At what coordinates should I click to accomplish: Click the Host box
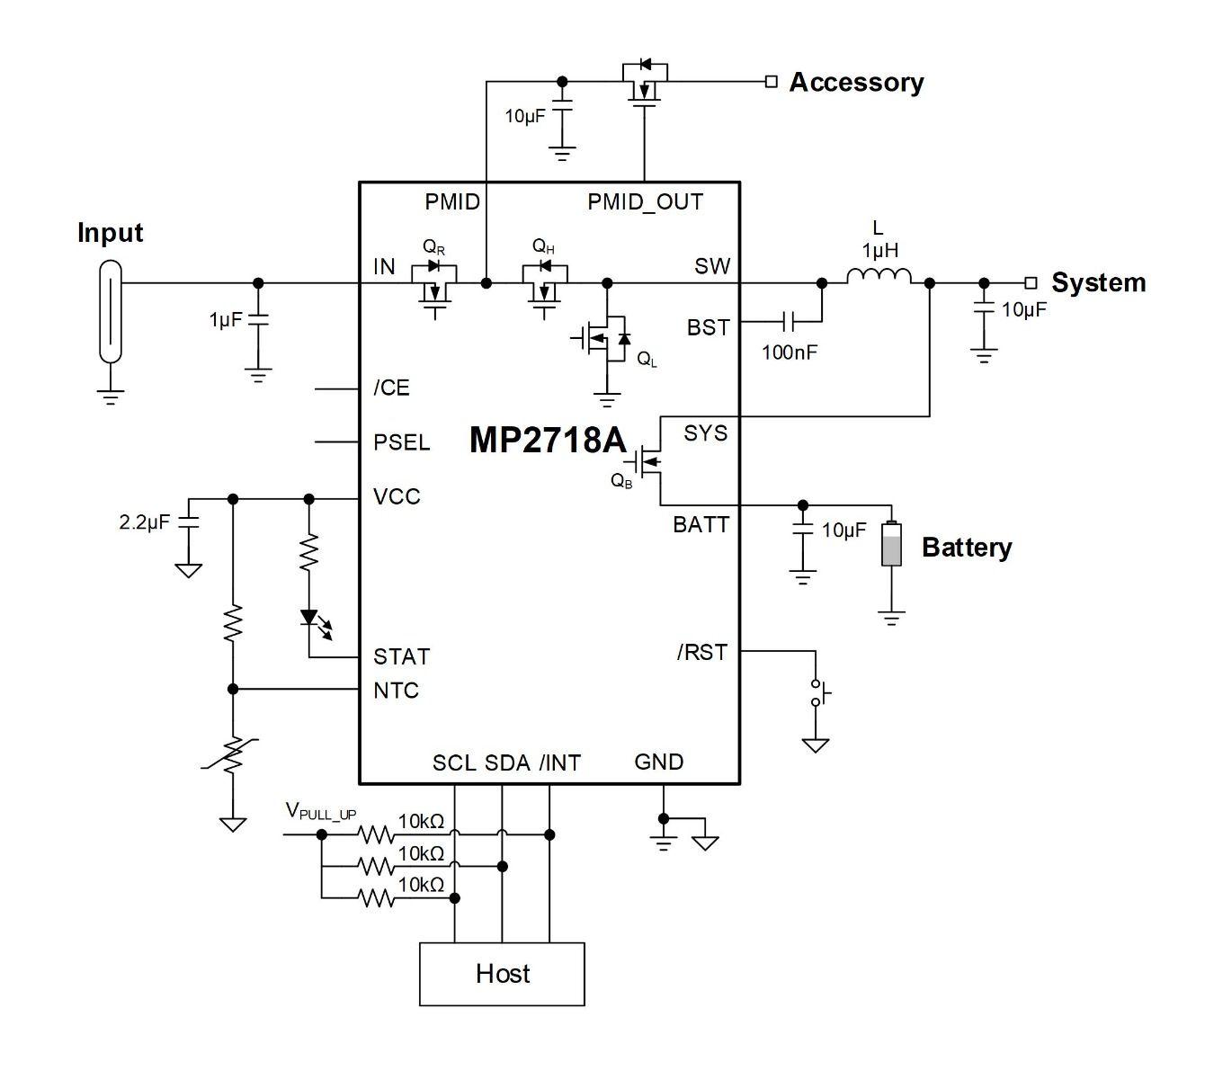pyautogui.click(x=502, y=974)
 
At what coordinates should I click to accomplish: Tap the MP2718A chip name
pyautogui.click(x=547, y=441)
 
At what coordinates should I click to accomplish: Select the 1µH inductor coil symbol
pyautogui.click(x=879, y=276)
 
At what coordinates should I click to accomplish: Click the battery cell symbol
pyautogui.click(x=891, y=543)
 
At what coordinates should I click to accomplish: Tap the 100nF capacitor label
pyautogui.click(x=790, y=352)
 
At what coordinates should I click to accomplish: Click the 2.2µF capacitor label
pyautogui.click(x=144, y=522)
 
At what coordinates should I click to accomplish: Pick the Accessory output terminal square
pyautogui.click(x=771, y=82)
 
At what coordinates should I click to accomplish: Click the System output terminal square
pyautogui.click(x=1031, y=283)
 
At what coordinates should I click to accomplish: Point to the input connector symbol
pyautogui.click(x=111, y=311)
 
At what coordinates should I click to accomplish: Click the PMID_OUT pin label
pyautogui.click(x=645, y=202)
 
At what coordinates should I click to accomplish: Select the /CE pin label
pyautogui.click(x=391, y=388)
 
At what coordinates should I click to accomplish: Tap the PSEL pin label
pyautogui.click(x=401, y=442)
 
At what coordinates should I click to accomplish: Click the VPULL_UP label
pyautogui.click(x=320, y=811)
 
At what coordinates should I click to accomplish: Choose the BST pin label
pyautogui.click(x=708, y=327)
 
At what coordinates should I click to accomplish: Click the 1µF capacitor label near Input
pyautogui.click(x=226, y=320)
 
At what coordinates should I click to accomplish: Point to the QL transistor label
pyautogui.click(x=647, y=359)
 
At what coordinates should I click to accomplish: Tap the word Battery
pyautogui.click(x=967, y=548)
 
